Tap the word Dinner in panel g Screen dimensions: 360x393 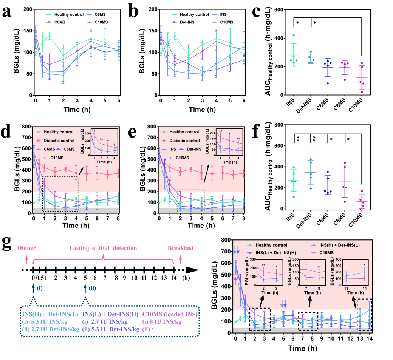pyautogui.click(x=26, y=248)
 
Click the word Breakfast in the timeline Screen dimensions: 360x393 pyautogui.click(x=181, y=248)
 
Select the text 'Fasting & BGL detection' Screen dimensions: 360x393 pyautogui.click(x=103, y=248)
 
